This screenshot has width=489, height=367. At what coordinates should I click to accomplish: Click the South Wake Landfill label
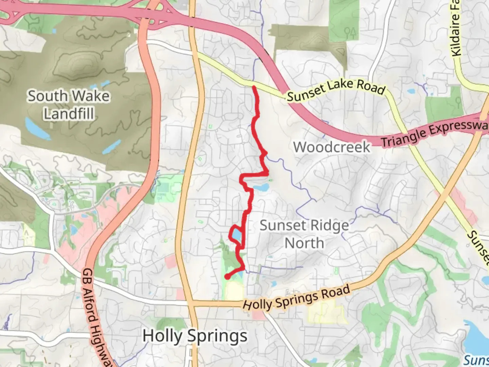69,105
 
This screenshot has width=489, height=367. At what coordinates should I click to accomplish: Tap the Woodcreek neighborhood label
331,147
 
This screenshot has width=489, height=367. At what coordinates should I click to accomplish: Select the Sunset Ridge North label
304,234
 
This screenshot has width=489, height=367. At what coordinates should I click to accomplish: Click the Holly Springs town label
195,336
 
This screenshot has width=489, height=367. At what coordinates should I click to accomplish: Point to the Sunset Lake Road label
336,90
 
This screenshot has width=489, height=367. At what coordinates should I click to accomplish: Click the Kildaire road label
456,29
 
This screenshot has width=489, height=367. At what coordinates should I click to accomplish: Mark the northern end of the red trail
254,87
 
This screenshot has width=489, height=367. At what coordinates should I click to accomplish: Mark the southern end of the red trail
227,277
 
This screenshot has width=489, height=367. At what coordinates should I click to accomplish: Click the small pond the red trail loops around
237,235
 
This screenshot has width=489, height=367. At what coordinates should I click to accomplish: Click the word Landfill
69,113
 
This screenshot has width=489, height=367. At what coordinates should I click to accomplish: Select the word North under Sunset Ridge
304,243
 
